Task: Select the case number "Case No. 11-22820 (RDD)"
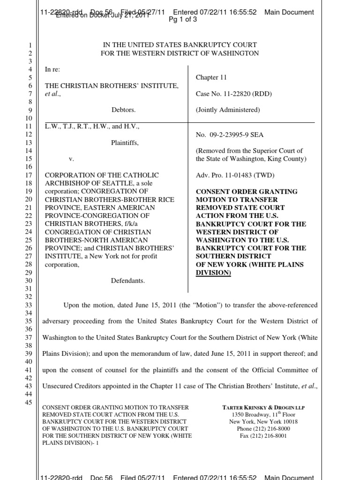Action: (233, 94)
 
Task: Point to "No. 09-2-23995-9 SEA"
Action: (229, 135)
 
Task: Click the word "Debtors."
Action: (123, 110)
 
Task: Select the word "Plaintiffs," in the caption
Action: (125, 143)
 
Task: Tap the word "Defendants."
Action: (128, 281)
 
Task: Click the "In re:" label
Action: (52, 69)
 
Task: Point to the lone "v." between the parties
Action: (71, 159)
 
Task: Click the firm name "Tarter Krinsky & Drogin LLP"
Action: (263, 407)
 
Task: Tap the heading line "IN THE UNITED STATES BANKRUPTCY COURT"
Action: (180, 45)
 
